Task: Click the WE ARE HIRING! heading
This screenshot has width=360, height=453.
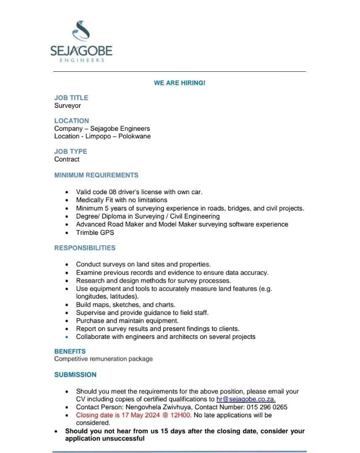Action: click(x=180, y=83)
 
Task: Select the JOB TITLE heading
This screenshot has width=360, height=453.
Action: click(x=71, y=98)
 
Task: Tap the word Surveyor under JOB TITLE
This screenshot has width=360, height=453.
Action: click(x=68, y=106)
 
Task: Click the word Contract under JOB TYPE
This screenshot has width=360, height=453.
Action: click(x=67, y=159)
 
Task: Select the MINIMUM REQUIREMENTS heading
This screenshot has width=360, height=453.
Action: click(x=96, y=175)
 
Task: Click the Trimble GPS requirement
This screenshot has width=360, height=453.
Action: click(x=95, y=232)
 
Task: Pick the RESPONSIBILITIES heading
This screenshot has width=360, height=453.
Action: click(x=85, y=248)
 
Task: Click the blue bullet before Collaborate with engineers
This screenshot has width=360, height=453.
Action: click(x=67, y=337)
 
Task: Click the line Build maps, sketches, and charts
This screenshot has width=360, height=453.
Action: click(x=125, y=305)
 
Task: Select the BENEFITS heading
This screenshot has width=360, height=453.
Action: click(x=70, y=351)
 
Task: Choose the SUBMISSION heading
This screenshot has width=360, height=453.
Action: click(x=75, y=375)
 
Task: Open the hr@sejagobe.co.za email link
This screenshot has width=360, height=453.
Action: click(x=246, y=399)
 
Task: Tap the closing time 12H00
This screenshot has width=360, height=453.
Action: click(x=182, y=415)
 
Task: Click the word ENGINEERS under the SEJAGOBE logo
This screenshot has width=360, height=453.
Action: click(x=81, y=60)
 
